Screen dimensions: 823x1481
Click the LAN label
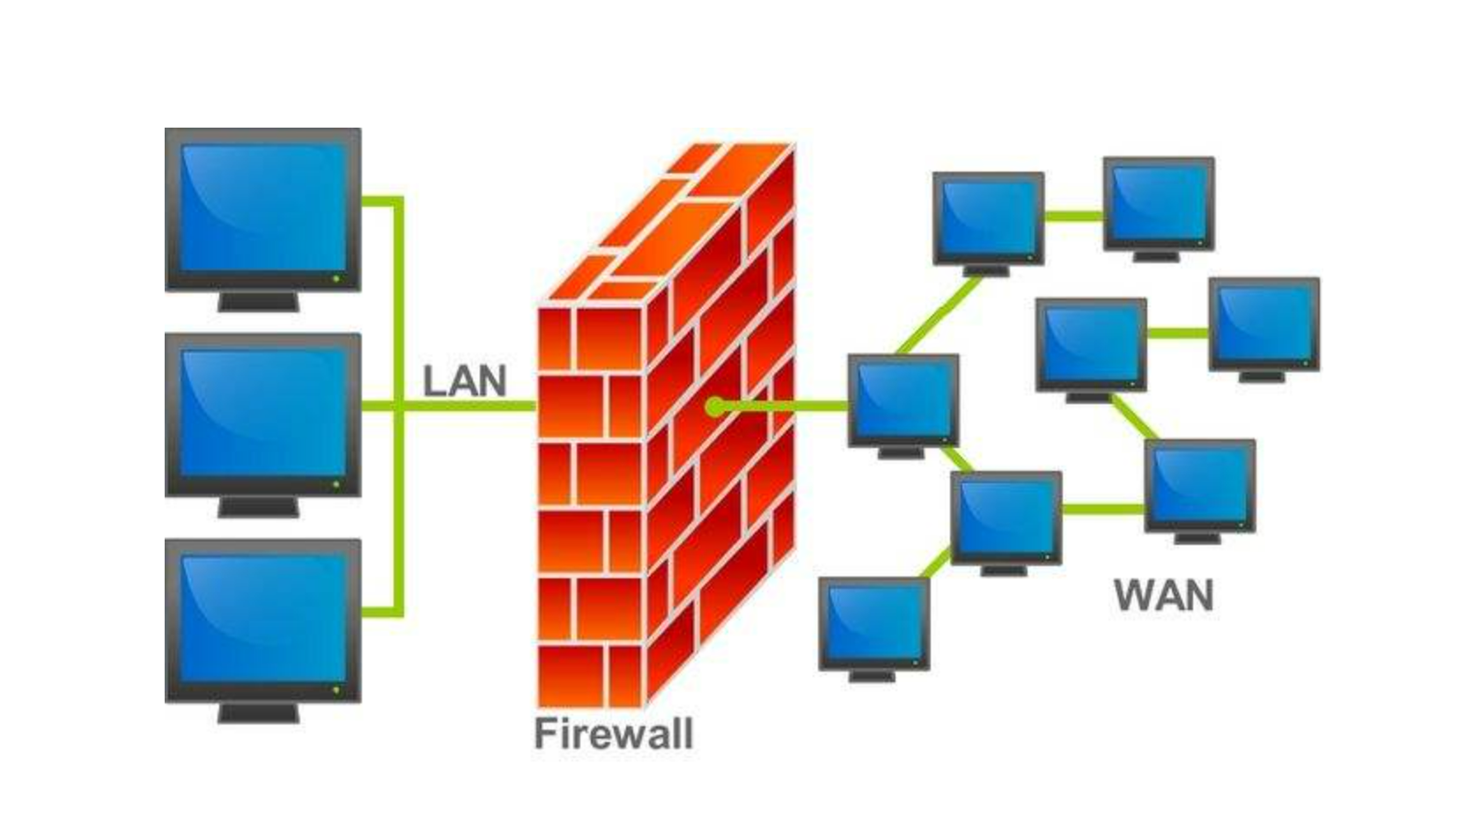point(464,382)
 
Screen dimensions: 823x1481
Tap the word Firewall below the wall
point(614,734)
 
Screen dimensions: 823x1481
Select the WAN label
point(1163,596)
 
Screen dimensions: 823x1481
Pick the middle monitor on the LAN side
point(262,414)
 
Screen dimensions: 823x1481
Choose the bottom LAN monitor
point(262,620)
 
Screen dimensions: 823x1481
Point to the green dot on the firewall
point(715,407)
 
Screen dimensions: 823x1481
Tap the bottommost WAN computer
point(873,623)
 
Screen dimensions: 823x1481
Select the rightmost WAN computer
point(1264,324)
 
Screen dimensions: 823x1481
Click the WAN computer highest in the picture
point(1159,203)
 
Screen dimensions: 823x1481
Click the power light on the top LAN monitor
point(335,278)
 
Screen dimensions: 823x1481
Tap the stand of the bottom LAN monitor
point(259,713)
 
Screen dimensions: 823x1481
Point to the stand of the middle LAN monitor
point(259,507)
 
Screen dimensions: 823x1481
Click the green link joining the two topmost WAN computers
point(1073,216)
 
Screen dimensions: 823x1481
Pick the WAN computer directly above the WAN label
point(1199,486)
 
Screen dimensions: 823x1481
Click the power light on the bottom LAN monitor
point(335,690)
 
